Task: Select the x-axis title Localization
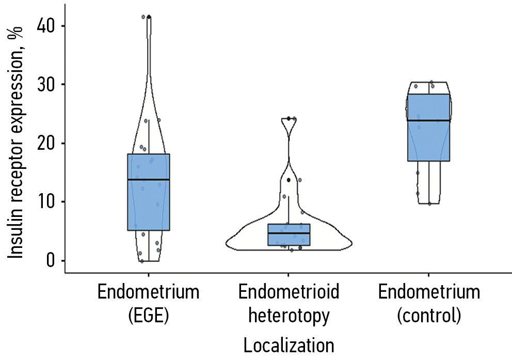coord(289,345)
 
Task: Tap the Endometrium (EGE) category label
coord(148,304)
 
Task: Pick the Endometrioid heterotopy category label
coord(289,304)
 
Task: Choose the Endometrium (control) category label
coord(429,304)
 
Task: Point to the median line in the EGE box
coord(149,179)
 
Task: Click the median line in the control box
coord(429,120)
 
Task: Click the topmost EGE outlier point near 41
coord(149,17)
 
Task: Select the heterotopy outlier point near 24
coord(289,119)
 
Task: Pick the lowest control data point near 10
coord(429,204)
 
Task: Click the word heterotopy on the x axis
coord(289,315)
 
